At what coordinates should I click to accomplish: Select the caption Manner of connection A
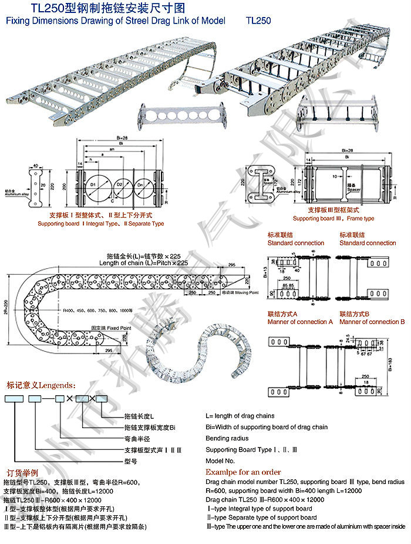(300, 322)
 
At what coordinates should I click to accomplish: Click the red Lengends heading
(41, 386)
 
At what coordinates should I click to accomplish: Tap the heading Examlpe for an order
(243, 472)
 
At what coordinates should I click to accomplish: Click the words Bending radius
(227, 438)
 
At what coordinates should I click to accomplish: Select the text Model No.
(220, 461)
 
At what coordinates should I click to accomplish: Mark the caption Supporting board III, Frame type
(333, 218)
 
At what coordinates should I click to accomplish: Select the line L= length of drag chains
(241, 416)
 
